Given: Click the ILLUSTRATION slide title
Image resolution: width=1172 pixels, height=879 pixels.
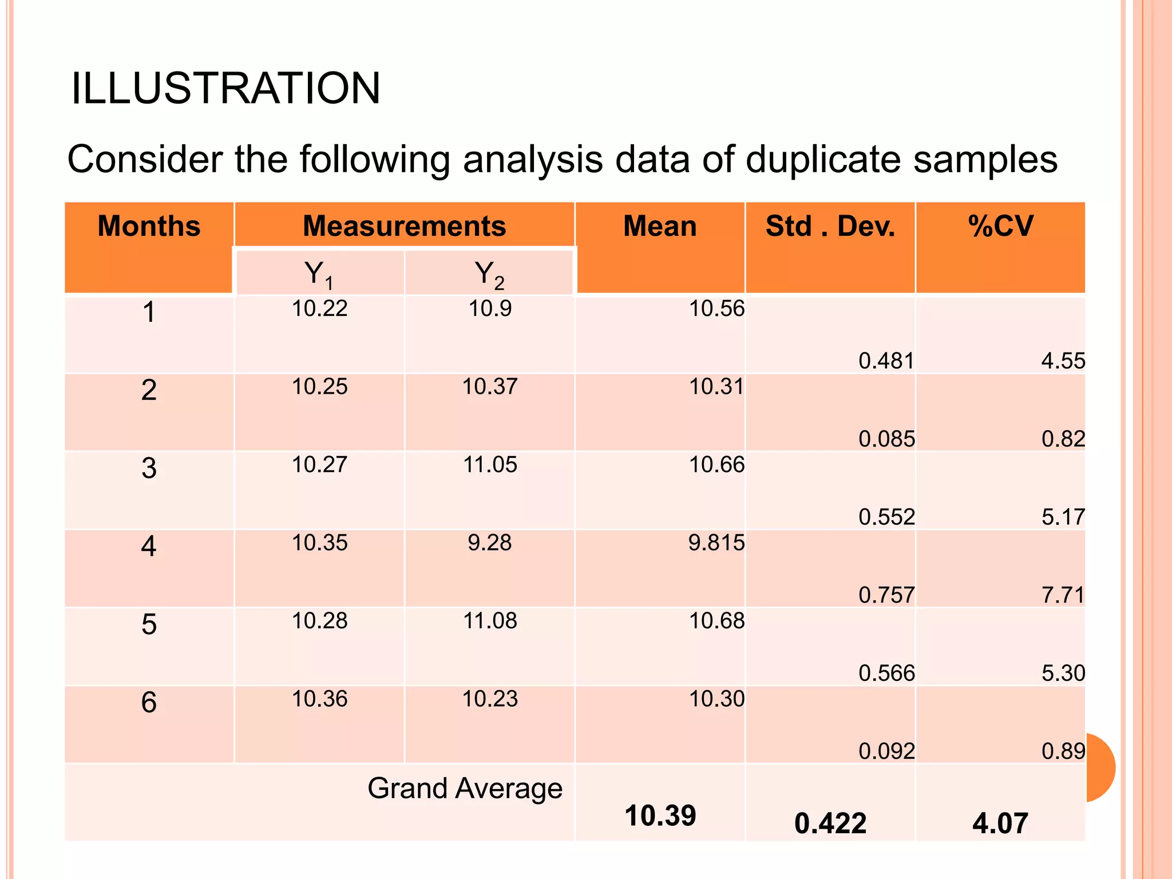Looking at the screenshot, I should [x=225, y=89].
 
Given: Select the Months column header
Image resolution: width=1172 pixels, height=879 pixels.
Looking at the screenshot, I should [x=149, y=225].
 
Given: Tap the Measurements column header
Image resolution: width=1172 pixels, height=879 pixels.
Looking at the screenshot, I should [x=404, y=225].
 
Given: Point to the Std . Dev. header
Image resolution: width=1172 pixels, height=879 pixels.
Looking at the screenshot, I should [x=830, y=225].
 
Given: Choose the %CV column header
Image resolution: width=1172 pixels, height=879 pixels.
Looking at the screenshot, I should [x=1000, y=225].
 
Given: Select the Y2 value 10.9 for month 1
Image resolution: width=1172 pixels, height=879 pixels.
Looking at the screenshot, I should [x=490, y=309].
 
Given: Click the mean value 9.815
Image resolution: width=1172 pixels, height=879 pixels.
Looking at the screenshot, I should [x=716, y=543].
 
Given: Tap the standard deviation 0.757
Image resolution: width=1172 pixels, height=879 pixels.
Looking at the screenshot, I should [x=886, y=595].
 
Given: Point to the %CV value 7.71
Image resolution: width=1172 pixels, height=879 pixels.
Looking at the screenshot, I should [x=1063, y=595].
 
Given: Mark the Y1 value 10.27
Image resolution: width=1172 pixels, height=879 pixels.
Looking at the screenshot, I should [x=319, y=465].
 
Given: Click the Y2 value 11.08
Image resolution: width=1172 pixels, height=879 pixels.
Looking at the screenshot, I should [x=490, y=621].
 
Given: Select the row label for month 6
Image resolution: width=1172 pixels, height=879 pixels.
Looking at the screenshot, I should [x=149, y=702].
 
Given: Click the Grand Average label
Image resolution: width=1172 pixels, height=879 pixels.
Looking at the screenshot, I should [x=465, y=789].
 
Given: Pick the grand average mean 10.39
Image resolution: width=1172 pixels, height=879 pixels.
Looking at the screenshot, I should [x=660, y=815].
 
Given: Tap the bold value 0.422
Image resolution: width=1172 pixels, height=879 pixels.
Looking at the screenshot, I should [x=830, y=823].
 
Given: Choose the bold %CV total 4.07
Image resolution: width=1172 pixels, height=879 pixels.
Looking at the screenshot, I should [x=1000, y=823].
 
